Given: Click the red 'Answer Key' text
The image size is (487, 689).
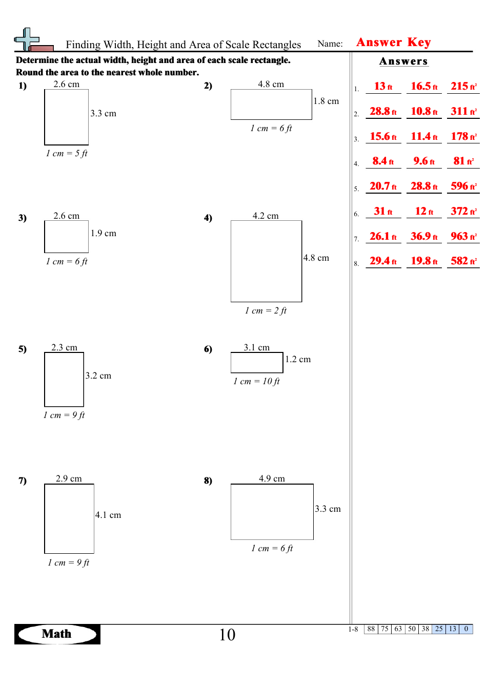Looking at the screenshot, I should (x=393, y=43).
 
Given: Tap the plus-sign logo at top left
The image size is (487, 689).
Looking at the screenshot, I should (x=27, y=40).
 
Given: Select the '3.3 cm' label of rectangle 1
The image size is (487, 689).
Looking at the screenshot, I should (x=103, y=113).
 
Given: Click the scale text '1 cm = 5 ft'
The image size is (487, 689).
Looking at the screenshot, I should (x=67, y=153).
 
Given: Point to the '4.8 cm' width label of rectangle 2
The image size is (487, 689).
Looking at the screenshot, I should (x=271, y=84).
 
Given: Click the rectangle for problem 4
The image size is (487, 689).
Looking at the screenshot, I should (x=266, y=261).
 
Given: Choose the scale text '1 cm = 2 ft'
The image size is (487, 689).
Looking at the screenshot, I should (x=266, y=310).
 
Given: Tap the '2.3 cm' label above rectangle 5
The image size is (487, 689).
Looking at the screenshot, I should (x=64, y=347).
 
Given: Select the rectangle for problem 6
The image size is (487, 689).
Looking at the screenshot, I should (x=257, y=363).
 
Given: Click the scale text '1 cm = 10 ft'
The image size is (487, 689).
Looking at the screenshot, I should (x=256, y=381).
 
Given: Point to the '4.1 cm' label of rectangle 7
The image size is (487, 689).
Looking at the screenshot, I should (x=108, y=515).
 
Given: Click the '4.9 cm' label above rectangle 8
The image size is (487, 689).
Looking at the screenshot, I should (x=272, y=478).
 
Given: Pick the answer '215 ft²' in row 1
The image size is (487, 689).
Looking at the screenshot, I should (x=463, y=87).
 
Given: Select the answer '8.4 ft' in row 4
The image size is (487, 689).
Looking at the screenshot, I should (x=383, y=161).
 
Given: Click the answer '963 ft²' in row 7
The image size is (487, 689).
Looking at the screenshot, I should (x=463, y=236).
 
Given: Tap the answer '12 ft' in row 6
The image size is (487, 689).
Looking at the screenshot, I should (x=424, y=211).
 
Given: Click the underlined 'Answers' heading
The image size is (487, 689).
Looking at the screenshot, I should (x=403, y=61).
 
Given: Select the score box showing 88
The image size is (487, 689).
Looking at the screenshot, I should (x=371, y=629).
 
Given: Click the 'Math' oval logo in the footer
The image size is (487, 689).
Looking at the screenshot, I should (x=57, y=634).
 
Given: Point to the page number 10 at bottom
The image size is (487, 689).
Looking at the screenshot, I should (x=227, y=635).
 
